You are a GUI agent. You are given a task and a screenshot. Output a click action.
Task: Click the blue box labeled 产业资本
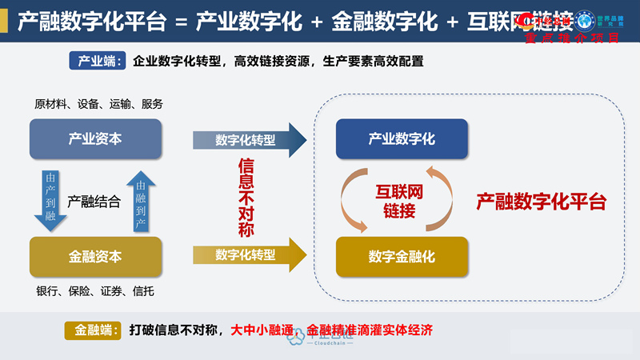point(95,139)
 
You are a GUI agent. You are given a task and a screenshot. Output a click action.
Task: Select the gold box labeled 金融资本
point(95,257)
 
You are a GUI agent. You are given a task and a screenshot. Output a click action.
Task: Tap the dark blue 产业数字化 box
point(402,139)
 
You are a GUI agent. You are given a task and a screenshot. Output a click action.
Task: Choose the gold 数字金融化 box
point(402,257)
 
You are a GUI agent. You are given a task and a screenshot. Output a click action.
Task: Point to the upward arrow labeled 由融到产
point(141,199)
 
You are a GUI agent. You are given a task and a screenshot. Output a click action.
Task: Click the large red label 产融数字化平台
point(541,202)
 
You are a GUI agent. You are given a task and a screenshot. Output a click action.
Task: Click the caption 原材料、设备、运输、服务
point(98,104)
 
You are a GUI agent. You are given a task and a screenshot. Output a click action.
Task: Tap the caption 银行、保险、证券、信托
point(95,290)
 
